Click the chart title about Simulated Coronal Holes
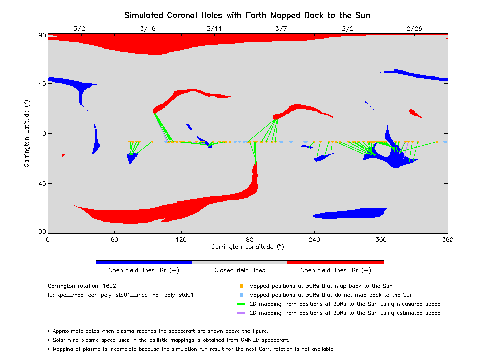tap(247, 15)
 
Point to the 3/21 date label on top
tap(81, 29)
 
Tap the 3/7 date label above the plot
tap(281, 29)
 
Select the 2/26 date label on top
tap(414, 29)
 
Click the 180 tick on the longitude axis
tap(248, 240)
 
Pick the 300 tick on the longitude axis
tap(381, 240)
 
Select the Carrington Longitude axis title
tap(247, 247)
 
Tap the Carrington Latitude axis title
tap(27, 133)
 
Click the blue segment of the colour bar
tap(144, 262)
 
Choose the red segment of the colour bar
tap(335, 262)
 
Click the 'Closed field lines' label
tap(240, 270)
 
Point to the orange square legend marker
tap(241, 286)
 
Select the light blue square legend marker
tap(241, 295)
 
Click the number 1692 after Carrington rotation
tap(110, 286)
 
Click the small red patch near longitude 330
tap(414, 113)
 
